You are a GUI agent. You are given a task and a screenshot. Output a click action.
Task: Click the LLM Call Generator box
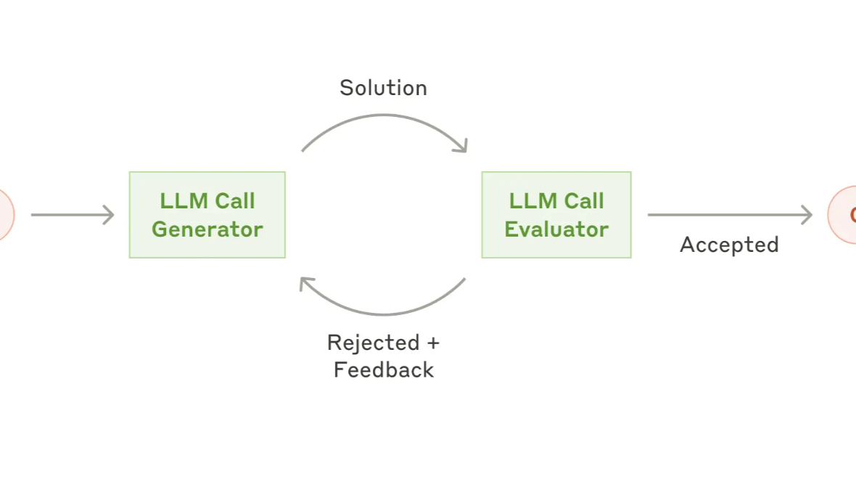pos(207,215)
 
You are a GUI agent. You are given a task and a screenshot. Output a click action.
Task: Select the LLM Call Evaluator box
pos(556,215)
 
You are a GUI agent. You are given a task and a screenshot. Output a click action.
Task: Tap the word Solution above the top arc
pos(383,88)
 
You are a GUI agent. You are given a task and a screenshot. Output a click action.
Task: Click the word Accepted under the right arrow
pos(729,245)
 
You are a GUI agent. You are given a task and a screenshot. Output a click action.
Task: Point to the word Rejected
pos(373,343)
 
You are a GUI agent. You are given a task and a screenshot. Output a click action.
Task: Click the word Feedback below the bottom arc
pos(383,369)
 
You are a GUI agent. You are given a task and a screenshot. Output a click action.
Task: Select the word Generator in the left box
pos(207,229)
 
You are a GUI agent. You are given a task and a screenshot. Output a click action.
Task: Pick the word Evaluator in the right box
pos(556,229)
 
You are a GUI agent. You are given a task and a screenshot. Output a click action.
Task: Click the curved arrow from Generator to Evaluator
pos(383,116)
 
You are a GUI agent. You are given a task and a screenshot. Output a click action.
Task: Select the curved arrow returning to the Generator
pos(383,314)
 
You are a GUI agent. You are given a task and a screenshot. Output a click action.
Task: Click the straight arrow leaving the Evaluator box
pos(725,215)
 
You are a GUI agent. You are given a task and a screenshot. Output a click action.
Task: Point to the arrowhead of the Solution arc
pos(461,147)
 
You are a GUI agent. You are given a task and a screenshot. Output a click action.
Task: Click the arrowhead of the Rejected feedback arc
pos(306,282)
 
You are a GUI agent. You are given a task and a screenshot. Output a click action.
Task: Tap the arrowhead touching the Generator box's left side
pos(110,215)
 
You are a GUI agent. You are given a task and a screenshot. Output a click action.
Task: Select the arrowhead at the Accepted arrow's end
pos(807,215)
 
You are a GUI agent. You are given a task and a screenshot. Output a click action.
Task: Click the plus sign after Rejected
pos(433,343)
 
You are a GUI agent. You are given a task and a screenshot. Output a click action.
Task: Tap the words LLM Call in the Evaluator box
pos(556,201)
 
